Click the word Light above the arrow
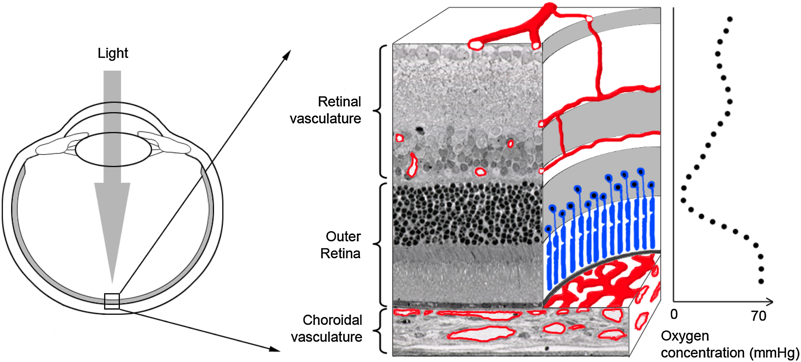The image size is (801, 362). tap(113, 53)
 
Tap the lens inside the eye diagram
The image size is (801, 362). tap(113, 149)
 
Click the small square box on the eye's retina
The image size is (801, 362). tap(112, 301)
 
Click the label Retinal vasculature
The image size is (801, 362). tap(326, 110)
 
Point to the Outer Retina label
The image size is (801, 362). tap(341, 245)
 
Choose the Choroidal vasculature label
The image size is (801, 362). tap(327, 329)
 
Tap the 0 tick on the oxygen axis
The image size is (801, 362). tap(674, 314)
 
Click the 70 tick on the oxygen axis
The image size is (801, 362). tap(759, 316)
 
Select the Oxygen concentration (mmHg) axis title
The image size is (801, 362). tap(729, 345)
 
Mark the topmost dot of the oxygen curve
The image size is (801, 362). tap(730, 19)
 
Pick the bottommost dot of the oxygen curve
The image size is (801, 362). tap(761, 281)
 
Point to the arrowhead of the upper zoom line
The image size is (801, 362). tap(287, 55)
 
